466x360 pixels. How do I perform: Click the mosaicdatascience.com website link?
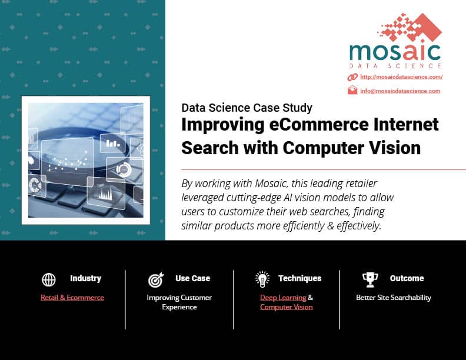[401, 77]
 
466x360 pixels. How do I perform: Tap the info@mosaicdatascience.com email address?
[400, 91]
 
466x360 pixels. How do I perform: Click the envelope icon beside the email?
[352, 90]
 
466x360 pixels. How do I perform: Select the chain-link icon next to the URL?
[352, 77]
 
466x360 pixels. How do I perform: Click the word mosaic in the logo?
[395, 52]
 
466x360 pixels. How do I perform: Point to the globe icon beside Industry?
[49, 279]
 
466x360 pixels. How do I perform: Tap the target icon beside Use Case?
[156, 279]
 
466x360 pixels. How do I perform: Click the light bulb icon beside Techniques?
[262, 279]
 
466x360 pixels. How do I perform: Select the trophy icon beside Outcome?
[370, 279]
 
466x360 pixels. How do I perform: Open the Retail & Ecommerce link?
[72, 297]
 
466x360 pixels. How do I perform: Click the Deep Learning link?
[283, 297]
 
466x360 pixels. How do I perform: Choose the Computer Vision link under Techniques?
[286, 307]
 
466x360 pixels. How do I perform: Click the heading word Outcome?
[407, 278]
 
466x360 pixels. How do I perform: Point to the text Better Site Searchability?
[394, 297]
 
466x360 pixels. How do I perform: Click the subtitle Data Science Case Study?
[247, 108]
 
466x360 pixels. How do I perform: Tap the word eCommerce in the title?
[318, 125]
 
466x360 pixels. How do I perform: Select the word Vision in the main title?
[395, 148]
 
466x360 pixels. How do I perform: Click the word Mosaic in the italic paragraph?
[271, 184]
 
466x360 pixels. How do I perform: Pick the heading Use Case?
[192, 278]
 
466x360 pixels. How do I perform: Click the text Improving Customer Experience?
[179, 302]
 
